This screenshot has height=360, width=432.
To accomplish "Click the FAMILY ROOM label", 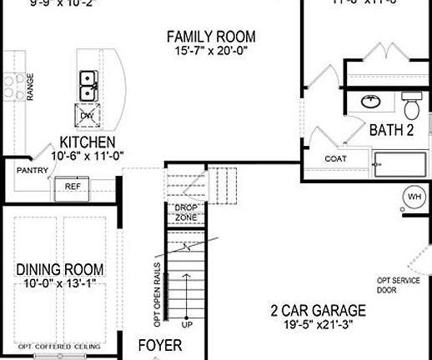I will pyautogui.click(x=210, y=37).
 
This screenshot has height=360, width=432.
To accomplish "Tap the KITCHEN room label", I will pyautogui.click(x=88, y=142).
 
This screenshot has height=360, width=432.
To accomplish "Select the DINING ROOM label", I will pyautogui.click(x=60, y=269).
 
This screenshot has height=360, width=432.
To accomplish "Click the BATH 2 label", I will pyautogui.click(x=392, y=129).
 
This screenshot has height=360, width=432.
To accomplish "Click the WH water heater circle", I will pyautogui.click(x=414, y=197).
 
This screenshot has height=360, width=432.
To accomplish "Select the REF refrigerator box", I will pyautogui.click(x=72, y=188).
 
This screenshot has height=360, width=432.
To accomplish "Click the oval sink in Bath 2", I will pyautogui.click(x=369, y=102).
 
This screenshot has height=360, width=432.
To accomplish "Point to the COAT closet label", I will pyautogui.click(x=335, y=158).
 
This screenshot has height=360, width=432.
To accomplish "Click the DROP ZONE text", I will pyautogui.click(x=185, y=212).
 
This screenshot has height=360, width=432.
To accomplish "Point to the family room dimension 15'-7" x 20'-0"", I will pyautogui.click(x=210, y=52).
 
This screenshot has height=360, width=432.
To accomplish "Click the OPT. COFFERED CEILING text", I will pyautogui.click(x=59, y=346).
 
